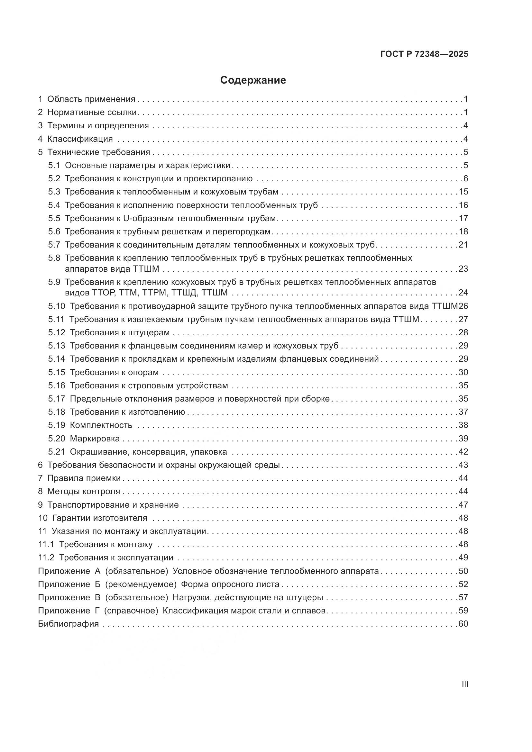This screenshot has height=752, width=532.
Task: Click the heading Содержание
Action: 253,80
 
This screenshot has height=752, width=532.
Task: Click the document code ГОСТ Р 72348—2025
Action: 424,54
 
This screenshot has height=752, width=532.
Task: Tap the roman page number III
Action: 464,684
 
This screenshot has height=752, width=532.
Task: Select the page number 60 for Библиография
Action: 463,624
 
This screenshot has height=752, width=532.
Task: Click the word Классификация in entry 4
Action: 80,139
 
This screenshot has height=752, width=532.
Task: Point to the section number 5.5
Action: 54,218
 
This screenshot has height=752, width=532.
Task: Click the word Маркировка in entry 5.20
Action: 95,438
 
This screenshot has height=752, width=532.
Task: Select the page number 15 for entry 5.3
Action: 463,192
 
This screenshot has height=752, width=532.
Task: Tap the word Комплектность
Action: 101,425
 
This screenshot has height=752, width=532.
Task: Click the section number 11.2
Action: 46,557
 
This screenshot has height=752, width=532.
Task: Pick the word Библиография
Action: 68,624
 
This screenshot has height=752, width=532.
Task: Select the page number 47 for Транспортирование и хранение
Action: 463,505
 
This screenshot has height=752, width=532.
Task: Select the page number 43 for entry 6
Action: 463,465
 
